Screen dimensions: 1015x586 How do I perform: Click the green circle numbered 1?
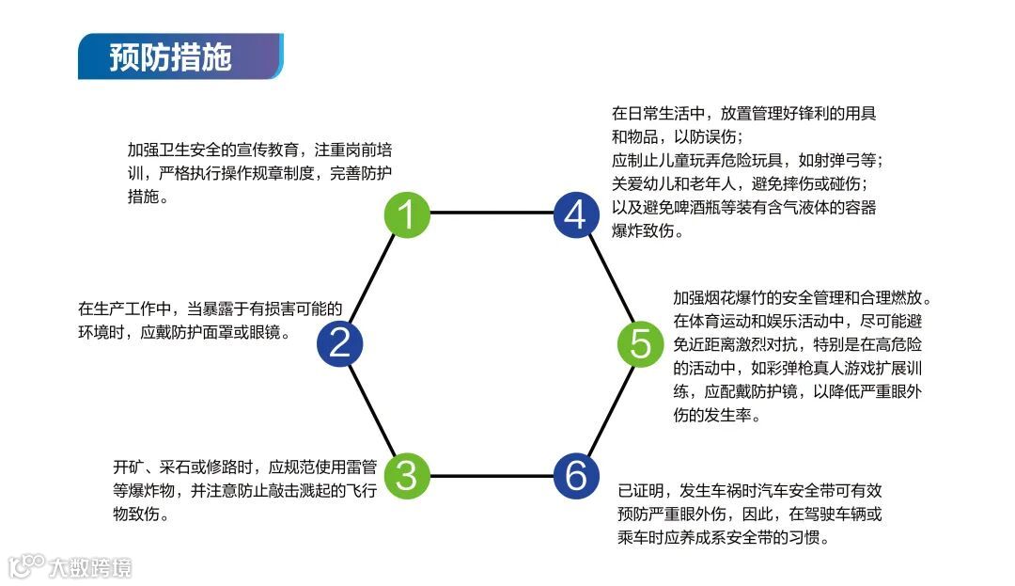pyautogui.click(x=407, y=214)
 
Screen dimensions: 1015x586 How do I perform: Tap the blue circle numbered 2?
pyautogui.click(x=339, y=342)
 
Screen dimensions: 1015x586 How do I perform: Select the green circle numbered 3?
pyautogui.click(x=407, y=475)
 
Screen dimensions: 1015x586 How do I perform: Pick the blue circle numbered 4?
pyautogui.click(x=575, y=214)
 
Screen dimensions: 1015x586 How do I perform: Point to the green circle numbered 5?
pyautogui.click(x=640, y=342)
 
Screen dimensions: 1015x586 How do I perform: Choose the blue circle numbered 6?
pyautogui.click(x=575, y=475)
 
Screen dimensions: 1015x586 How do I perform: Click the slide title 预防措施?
pyautogui.click(x=170, y=57)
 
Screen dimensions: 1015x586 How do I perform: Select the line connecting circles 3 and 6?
pyautogui.click(x=491, y=475)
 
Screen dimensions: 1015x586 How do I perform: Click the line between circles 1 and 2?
pyautogui.click(x=373, y=278)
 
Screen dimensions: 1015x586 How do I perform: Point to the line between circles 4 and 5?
pyautogui.click(x=608, y=278)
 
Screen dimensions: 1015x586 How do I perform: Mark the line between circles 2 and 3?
pyautogui.click(x=373, y=409)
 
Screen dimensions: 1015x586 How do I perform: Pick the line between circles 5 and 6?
pyautogui.click(x=608, y=409)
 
